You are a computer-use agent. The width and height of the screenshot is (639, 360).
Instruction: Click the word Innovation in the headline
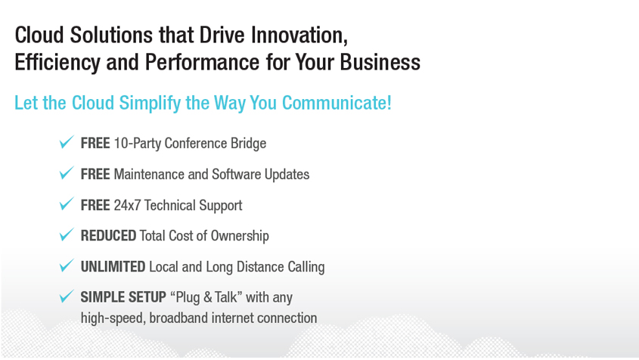point(299,35)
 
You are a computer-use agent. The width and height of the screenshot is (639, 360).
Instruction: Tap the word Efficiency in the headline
point(57,63)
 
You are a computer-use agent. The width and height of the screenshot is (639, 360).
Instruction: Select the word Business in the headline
point(380,62)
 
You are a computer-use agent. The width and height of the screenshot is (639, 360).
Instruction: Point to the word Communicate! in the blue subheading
point(337,103)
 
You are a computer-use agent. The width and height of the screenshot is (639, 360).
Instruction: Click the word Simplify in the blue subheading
point(150,103)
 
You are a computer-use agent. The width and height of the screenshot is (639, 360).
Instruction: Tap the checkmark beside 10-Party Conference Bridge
point(67,142)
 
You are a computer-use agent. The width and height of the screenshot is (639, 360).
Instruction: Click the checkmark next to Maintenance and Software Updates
point(67,173)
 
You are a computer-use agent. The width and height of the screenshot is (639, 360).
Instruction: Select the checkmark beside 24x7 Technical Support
point(67,203)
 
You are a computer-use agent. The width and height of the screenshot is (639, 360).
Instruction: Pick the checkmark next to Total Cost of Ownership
point(67,234)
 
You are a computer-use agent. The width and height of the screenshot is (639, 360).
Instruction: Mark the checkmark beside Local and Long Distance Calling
point(67,265)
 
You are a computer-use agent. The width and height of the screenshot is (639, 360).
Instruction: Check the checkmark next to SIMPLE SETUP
point(67,296)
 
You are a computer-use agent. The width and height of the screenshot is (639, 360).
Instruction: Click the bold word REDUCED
point(108,236)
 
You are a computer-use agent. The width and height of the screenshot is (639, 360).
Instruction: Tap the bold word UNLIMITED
point(113,267)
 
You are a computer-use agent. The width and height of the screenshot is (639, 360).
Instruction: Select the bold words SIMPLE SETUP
point(123,297)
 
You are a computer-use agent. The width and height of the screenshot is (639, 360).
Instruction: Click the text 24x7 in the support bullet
point(127,205)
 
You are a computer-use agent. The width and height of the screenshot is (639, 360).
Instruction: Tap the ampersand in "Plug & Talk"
point(207,297)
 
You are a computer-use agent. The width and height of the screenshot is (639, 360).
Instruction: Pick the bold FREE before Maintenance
point(95,174)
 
